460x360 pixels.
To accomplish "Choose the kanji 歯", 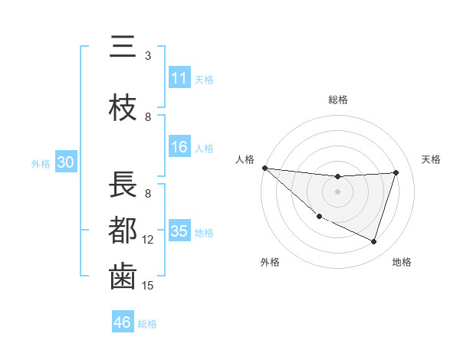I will pos(122,277).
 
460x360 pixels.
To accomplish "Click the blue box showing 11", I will pos(179,78).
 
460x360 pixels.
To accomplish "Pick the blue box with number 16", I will pos(179,147).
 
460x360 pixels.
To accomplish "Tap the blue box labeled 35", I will pos(179,231).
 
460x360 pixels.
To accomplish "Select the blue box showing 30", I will pos(66,162).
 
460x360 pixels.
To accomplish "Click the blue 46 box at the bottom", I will pos(123,322).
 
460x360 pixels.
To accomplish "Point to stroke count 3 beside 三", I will pos(148,56).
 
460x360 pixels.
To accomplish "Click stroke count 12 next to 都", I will pos(148,240).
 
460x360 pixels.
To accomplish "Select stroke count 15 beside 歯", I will pos(148,286).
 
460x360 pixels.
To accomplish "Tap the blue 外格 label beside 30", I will pos(41,163).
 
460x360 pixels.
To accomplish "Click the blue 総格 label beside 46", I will pos(147,323).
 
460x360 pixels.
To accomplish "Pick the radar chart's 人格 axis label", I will pos(245,159).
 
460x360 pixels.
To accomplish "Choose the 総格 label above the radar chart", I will pos(338,100).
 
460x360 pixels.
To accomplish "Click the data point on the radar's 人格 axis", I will pos(264,168).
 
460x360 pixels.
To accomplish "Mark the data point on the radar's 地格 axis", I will pos(374,242).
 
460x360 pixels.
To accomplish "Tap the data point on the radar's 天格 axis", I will pos(396,172).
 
